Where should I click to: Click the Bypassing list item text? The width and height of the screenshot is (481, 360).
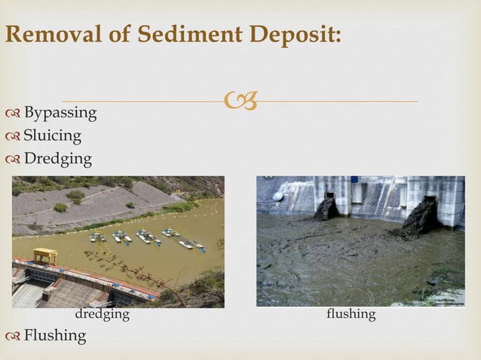(x=60, y=113)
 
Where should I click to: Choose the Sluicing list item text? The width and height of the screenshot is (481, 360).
(x=52, y=136)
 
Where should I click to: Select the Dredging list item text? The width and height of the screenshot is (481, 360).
(x=57, y=159)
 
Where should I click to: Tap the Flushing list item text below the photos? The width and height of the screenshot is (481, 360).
(x=54, y=335)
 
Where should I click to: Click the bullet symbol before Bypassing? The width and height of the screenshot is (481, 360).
(x=12, y=114)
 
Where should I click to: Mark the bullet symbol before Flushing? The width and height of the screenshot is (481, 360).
(x=12, y=336)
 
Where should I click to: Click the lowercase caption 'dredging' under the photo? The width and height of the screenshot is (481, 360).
(x=102, y=314)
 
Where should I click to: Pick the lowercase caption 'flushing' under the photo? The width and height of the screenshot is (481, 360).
(x=351, y=314)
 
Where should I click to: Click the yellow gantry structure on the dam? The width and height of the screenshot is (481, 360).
(x=44, y=255)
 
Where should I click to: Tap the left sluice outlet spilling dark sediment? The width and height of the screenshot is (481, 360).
(x=326, y=206)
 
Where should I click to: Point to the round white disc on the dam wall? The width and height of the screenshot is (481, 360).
(x=277, y=195)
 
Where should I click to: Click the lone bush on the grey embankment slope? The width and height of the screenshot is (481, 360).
(x=60, y=207)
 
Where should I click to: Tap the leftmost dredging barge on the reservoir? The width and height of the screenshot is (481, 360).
(x=97, y=237)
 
